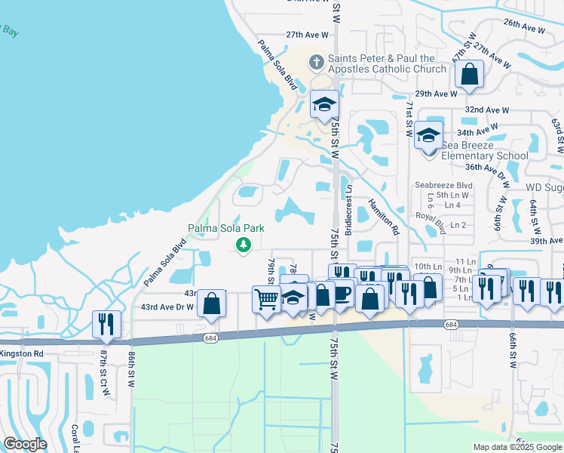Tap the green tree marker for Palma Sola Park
point(243,245)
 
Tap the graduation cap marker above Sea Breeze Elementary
point(429,135)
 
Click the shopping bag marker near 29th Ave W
point(469,75)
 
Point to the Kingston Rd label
point(22,353)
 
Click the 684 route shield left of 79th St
point(210,337)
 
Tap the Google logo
point(25,444)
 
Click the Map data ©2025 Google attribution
point(516,447)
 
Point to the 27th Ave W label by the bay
point(308,35)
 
